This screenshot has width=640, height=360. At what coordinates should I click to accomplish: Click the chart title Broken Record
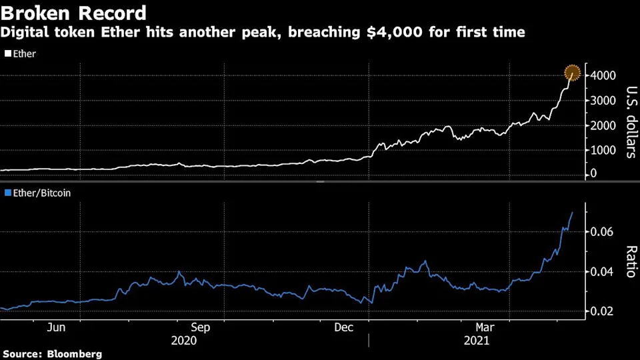tap(73, 13)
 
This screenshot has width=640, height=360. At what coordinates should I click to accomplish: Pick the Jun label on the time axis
tap(57, 327)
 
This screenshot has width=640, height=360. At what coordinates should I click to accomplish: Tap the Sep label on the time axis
tap(200, 327)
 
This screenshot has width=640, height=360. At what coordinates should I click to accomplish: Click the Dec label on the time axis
tap(343, 327)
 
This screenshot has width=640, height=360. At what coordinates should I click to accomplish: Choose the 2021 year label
tap(477, 340)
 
